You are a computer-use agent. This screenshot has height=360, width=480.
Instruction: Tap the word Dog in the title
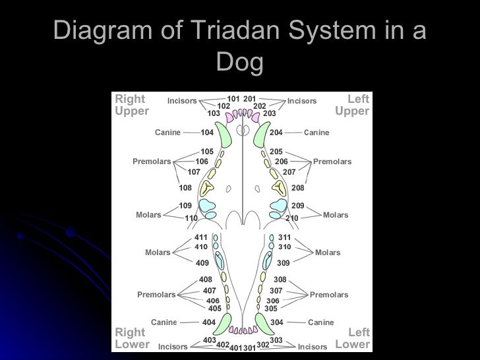[x=239, y=63]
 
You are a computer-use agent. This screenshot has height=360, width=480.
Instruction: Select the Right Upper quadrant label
[x=132, y=105]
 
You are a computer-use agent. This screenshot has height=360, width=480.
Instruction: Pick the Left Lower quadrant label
[x=353, y=338]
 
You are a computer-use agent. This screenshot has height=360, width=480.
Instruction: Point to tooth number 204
[x=276, y=133]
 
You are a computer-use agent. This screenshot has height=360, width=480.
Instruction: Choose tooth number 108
[x=185, y=187]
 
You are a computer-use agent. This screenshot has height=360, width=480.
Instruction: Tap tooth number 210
[x=292, y=218]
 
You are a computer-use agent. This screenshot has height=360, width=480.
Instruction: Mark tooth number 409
[x=202, y=262]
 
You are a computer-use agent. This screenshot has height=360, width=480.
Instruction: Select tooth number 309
[x=284, y=262]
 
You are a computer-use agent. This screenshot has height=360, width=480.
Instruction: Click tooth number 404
[x=209, y=322]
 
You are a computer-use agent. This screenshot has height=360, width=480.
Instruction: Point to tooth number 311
[x=284, y=237]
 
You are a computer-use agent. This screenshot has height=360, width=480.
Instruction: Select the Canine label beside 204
[x=316, y=133]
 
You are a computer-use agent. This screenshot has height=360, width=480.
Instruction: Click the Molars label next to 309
[x=328, y=253]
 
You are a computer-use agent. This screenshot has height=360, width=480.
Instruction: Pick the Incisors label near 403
[x=173, y=346]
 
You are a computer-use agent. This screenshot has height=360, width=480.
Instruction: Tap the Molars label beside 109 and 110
[x=148, y=215]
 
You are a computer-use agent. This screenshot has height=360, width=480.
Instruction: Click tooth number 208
[x=298, y=187]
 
